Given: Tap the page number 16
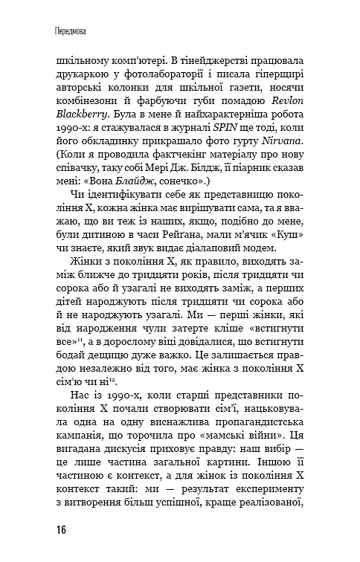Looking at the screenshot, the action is tap(60, 529).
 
